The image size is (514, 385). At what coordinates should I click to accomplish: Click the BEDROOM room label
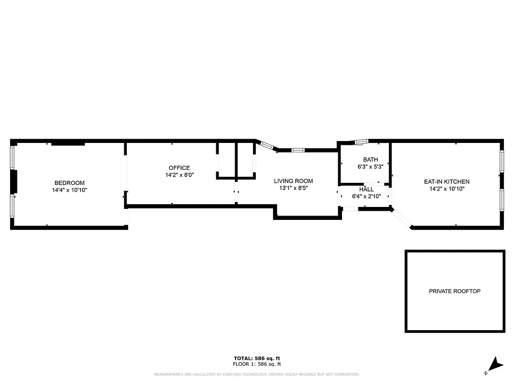[x=69, y=183]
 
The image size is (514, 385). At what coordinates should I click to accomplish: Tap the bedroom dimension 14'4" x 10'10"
[x=69, y=190]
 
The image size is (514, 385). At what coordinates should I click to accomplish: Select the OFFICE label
[x=179, y=168]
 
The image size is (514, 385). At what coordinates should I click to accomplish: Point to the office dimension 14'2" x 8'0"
[x=179, y=175]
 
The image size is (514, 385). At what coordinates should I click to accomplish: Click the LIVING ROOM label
[x=293, y=181]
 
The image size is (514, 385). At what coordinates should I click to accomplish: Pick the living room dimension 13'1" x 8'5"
[x=293, y=188]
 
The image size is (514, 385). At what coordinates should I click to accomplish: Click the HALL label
[x=366, y=190]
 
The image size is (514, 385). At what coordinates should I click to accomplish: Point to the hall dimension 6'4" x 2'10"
[x=367, y=196]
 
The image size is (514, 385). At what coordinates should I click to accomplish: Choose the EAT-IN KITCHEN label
[x=447, y=181]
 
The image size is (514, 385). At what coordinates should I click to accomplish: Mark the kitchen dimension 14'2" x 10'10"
[x=447, y=189]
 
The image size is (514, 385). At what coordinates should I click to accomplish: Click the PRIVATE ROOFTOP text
[x=455, y=291]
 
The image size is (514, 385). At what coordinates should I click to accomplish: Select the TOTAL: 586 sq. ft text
[x=257, y=358]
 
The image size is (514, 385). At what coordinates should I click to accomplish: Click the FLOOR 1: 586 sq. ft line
[x=257, y=364]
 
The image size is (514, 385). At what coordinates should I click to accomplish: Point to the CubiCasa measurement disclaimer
[x=257, y=374]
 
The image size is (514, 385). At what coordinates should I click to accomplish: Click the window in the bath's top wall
[x=361, y=141]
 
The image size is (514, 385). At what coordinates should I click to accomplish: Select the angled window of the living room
[x=265, y=144]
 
